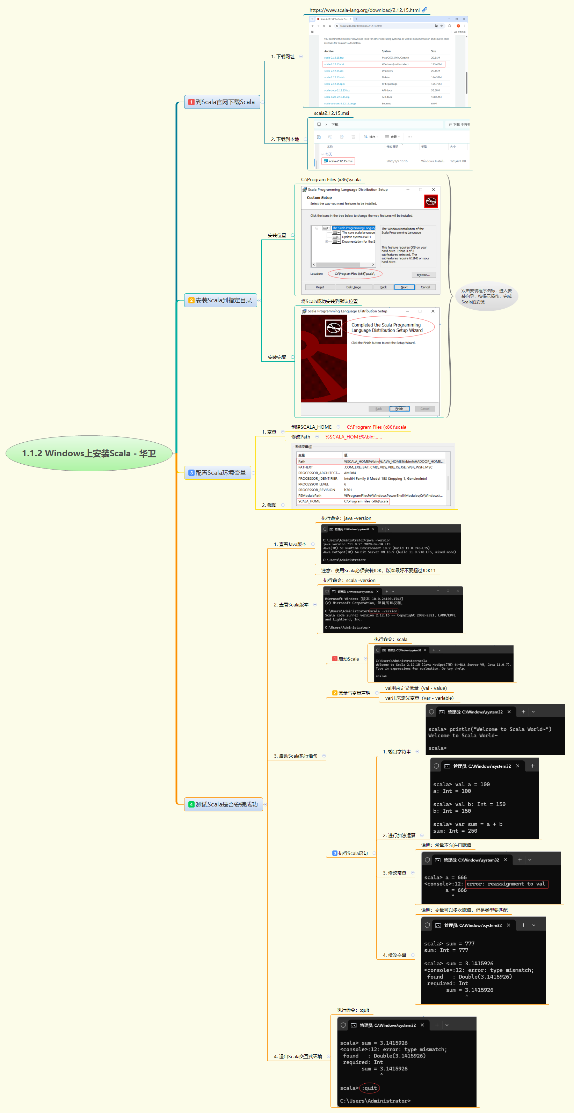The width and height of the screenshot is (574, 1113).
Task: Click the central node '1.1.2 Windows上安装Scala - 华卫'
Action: [89, 453]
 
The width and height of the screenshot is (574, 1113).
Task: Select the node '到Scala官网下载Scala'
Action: [222, 102]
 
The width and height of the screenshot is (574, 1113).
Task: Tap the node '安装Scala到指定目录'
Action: [221, 300]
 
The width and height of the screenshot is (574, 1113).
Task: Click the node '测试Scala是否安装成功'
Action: [224, 804]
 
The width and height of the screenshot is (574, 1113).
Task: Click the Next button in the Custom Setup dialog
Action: [404, 287]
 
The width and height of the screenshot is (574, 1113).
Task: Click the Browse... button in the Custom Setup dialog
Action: [423, 275]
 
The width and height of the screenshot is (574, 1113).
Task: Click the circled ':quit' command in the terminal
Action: [370, 1088]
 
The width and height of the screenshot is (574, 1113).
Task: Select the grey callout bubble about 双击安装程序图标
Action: [486, 296]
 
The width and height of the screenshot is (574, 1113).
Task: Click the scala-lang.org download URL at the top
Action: [364, 10]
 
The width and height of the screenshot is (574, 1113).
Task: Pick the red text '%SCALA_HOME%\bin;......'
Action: [354, 437]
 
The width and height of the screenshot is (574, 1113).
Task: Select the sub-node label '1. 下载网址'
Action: [283, 57]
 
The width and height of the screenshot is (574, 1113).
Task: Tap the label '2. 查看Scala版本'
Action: [291, 605]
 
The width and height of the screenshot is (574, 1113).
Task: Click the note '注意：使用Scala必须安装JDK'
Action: [378, 571]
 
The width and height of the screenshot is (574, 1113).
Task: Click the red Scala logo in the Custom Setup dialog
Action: [431, 201]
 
